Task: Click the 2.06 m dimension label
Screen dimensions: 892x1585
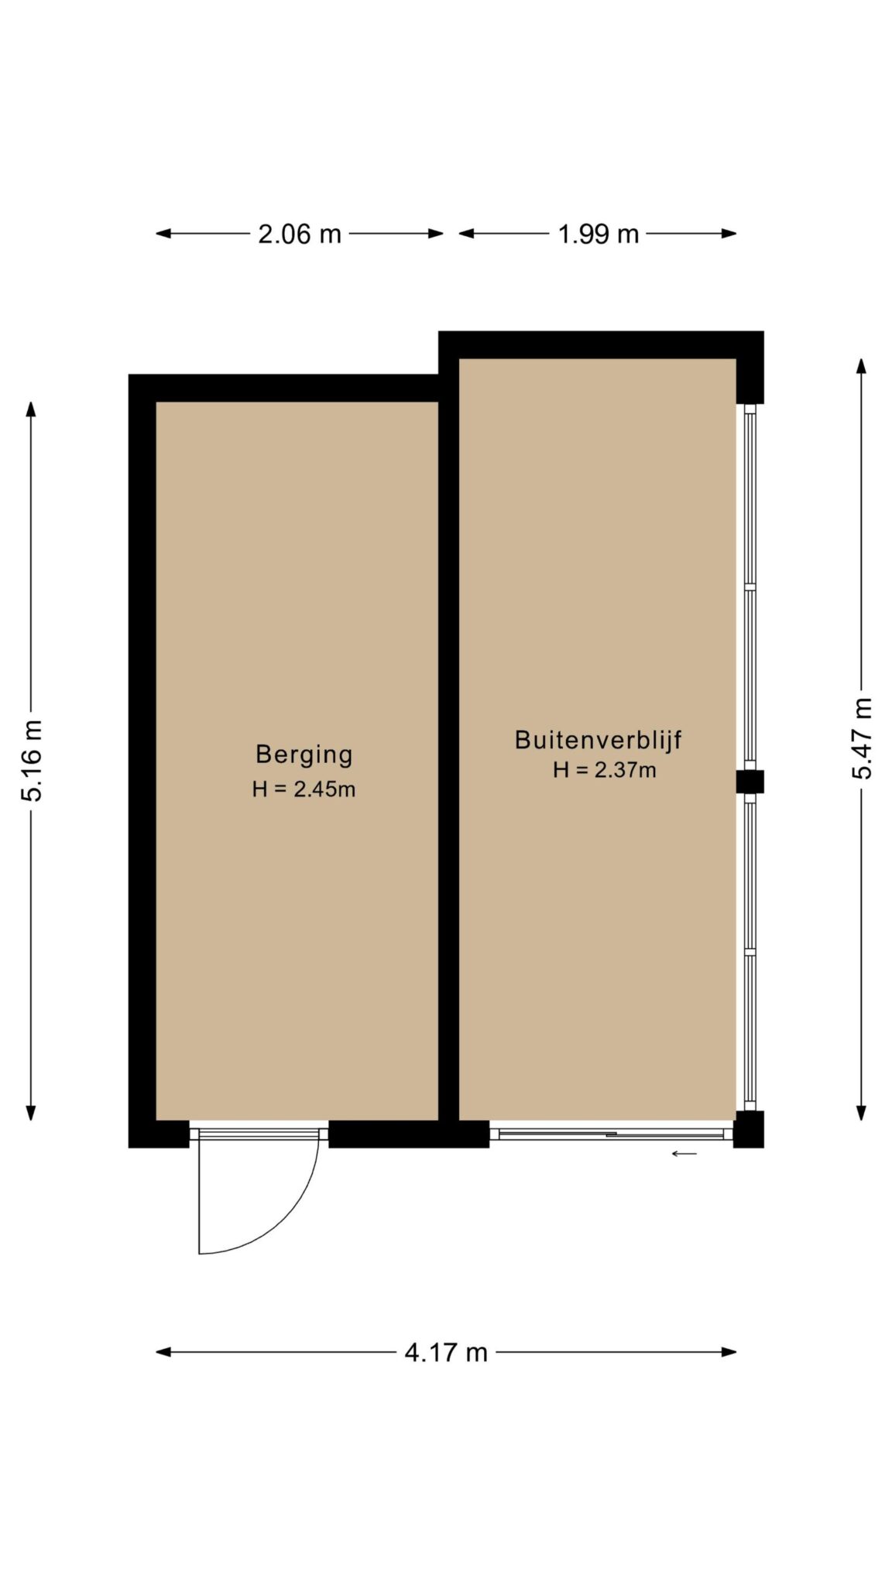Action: [299, 233]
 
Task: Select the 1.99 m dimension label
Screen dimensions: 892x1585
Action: [599, 233]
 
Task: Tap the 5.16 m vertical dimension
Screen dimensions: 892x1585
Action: [32, 759]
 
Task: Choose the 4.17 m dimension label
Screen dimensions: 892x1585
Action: [446, 1351]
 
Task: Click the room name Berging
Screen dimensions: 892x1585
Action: [304, 754]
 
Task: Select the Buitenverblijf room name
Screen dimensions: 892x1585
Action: [598, 739]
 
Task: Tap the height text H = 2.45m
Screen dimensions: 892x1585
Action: [304, 789]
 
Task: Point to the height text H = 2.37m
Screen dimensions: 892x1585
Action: [604, 769]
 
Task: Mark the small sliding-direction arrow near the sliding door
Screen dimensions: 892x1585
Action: [684, 1154]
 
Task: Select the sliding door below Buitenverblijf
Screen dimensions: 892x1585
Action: [612, 1134]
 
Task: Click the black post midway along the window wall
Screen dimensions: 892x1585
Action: [750, 782]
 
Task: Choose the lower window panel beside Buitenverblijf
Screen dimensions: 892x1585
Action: [750, 952]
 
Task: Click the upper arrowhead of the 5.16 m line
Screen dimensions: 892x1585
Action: [32, 409]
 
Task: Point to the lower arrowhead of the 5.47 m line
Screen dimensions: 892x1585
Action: [861, 1112]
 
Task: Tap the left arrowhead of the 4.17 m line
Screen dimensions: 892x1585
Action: [163, 1352]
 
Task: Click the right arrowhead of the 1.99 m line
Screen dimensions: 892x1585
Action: [729, 233]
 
